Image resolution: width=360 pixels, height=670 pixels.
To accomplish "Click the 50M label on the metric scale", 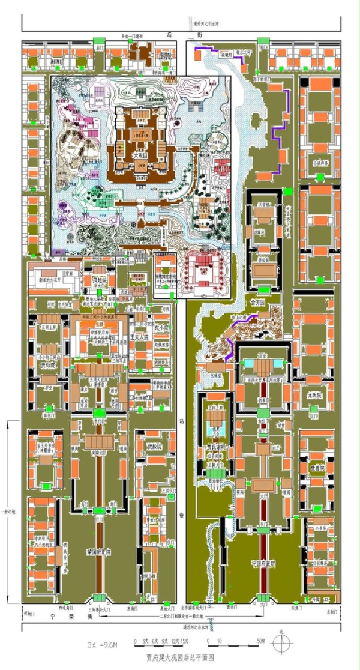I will pyautogui.click(x=262, y=642).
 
